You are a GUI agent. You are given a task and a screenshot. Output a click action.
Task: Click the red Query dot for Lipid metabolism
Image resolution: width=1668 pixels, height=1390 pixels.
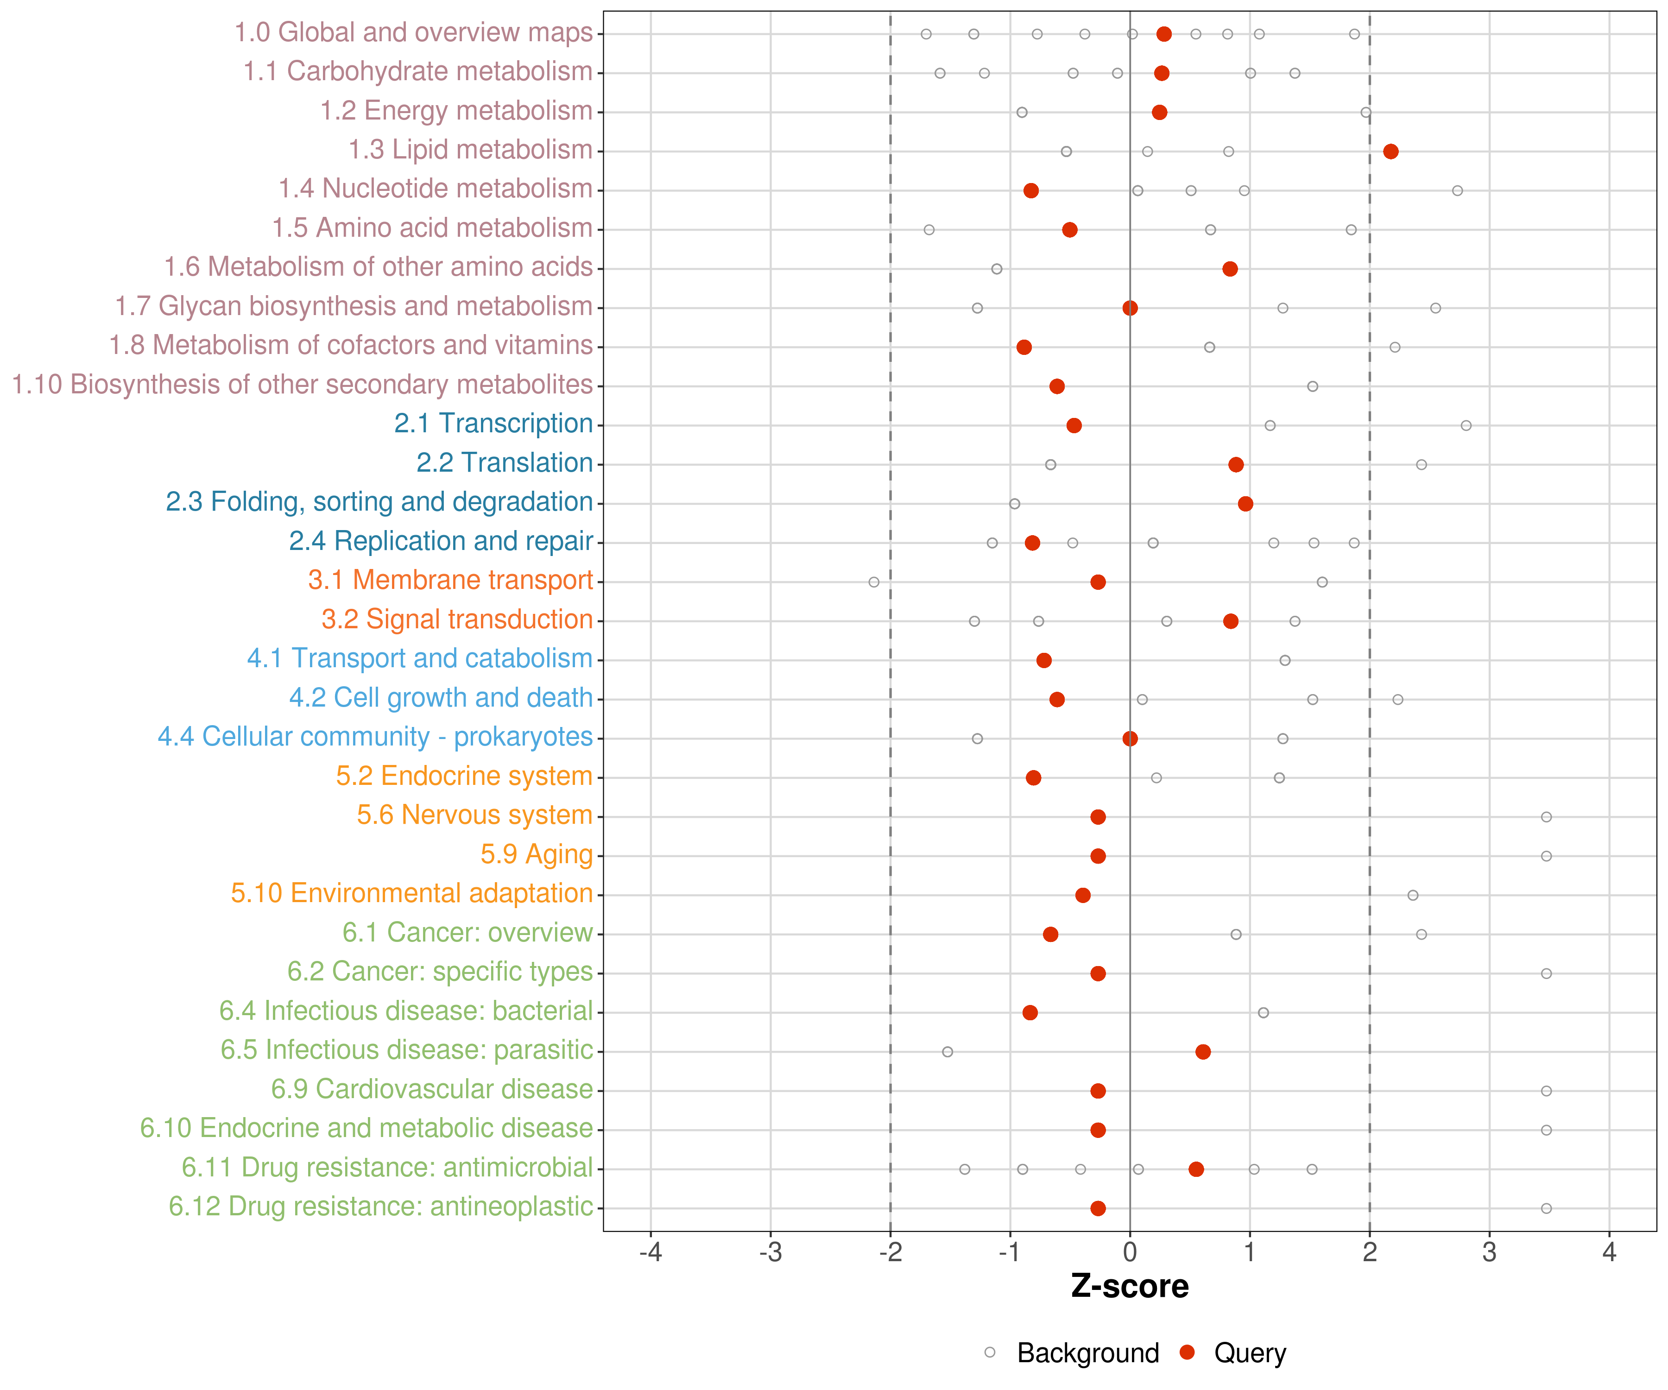click(1390, 151)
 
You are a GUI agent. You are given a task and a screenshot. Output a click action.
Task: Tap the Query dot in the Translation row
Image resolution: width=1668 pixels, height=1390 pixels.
click(1236, 465)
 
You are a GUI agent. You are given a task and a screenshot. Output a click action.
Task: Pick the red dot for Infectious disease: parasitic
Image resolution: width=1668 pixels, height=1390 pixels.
click(1202, 1052)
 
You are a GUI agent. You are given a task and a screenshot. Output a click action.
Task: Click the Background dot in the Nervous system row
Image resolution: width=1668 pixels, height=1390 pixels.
click(1546, 816)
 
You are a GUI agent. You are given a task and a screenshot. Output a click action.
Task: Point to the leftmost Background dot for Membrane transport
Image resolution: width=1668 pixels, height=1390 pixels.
click(874, 582)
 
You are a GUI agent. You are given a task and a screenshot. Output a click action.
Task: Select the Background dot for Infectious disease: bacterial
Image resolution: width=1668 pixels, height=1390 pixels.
click(1263, 1013)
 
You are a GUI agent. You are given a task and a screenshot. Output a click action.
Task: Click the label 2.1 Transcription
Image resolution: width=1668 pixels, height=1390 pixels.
click(493, 423)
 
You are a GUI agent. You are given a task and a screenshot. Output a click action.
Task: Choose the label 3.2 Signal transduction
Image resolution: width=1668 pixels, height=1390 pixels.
click(457, 619)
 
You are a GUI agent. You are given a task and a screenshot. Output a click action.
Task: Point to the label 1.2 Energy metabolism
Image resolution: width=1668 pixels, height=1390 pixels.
click(456, 110)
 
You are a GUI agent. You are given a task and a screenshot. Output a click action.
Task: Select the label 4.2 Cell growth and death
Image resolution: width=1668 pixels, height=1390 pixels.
click(441, 697)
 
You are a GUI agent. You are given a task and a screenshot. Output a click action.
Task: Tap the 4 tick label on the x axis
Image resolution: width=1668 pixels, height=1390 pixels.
click(1609, 1252)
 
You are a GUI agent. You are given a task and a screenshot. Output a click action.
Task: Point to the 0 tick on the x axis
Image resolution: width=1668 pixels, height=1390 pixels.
click(1130, 1252)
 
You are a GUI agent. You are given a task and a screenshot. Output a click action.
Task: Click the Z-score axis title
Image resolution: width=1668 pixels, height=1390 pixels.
click(1130, 1287)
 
